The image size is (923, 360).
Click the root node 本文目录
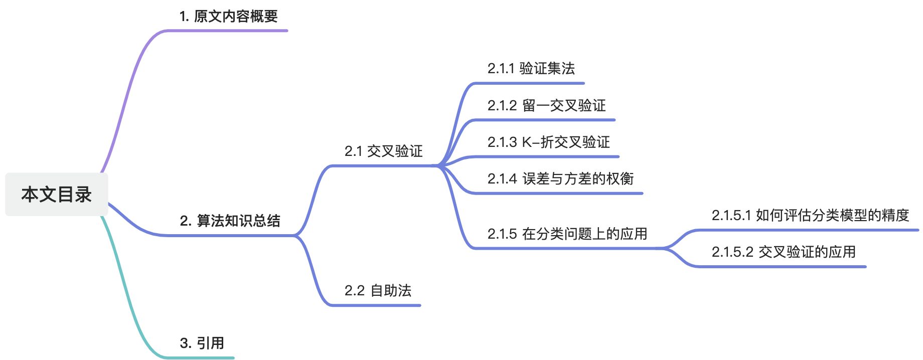(x=56, y=195)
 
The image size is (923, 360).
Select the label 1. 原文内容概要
(x=228, y=17)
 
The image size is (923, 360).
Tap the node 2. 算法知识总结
(x=230, y=221)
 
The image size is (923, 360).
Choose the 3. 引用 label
(x=202, y=343)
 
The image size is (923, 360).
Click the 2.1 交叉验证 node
(x=383, y=151)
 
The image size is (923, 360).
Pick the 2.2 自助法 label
(x=378, y=290)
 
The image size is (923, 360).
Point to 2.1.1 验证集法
(x=531, y=68)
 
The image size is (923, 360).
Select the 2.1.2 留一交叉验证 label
(x=546, y=105)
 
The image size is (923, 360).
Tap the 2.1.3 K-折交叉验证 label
(x=548, y=142)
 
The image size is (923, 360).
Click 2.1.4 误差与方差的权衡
(x=560, y=178)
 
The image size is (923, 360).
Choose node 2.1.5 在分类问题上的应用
(x=567, y=234)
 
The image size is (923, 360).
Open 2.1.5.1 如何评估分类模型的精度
(x=810, y=215)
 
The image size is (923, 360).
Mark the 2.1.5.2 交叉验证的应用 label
(x=784, y=252)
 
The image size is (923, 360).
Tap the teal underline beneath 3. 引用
(x=201, y=357)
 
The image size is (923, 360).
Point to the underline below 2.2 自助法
(x=376, y=305)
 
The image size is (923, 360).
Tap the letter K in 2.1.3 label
(x=527, y=142)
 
